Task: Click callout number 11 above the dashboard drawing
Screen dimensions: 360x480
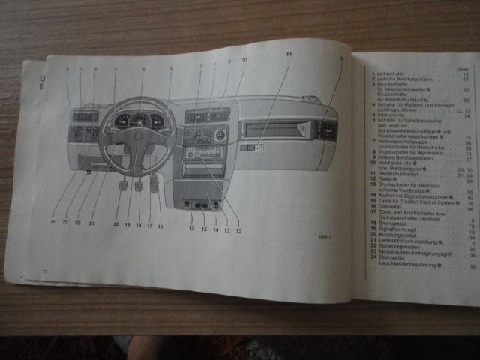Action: click(289, 55)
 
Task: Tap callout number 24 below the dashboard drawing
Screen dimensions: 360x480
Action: click(53, 222)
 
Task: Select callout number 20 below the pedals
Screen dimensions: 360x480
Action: click(116, 223)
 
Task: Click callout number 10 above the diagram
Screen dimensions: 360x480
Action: click(244, 59)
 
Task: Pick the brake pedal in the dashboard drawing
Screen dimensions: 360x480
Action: click(139, 183)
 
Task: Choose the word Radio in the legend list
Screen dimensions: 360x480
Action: click(385, 180)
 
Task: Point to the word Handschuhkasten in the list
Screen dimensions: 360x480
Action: click(397, 175)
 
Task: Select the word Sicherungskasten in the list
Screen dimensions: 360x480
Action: click(398, 248)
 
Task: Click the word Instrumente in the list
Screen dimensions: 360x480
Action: click(391, 115)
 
